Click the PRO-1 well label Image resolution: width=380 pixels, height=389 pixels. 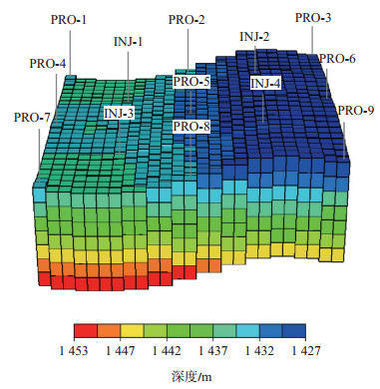(69, 20)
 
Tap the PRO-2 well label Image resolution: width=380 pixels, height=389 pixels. (187, 20)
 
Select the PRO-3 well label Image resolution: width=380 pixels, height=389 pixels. (313, 18)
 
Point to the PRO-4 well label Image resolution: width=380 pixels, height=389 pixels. (48, 63)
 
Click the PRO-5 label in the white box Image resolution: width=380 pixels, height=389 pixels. (191, 82)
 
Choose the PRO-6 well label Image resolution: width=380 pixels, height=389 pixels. (337, 59)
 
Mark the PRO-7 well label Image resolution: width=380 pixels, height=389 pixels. (32, 118)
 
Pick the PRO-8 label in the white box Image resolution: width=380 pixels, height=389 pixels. (191, 127)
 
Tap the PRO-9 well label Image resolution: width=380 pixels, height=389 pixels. (356, 110)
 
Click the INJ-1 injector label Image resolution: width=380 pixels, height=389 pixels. (129, 42)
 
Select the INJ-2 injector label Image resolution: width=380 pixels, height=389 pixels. (254, 37)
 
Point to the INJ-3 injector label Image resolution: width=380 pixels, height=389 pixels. (119, 114)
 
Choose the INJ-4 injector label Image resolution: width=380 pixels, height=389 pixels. (265, 83)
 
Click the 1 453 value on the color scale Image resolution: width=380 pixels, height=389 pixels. (75, 351)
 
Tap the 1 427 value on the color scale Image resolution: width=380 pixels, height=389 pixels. (306, 351)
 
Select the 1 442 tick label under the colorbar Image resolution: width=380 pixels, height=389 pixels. (167, 351)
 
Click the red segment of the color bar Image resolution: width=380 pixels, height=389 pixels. (86, 331)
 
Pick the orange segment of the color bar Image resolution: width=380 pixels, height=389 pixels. (109, 331)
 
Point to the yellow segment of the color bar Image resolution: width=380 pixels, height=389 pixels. (132, 331)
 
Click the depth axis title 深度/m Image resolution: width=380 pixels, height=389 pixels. (191, 377)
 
